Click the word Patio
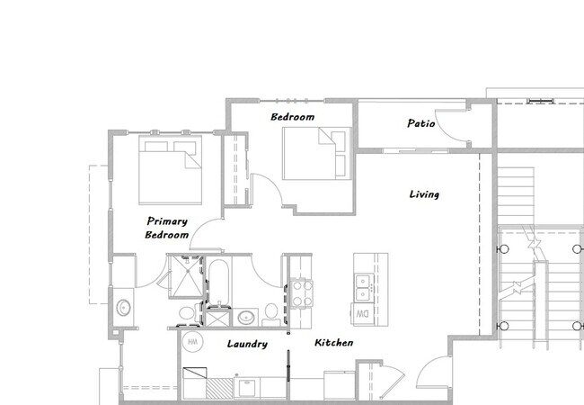click(420, 123)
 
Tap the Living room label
click(424, 194)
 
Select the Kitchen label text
click(333, 344)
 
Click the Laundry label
click(246, 344)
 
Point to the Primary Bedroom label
click(167, 227)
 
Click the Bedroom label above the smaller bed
click(292, 118)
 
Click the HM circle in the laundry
click(191, 343)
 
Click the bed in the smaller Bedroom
click(314, 153)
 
